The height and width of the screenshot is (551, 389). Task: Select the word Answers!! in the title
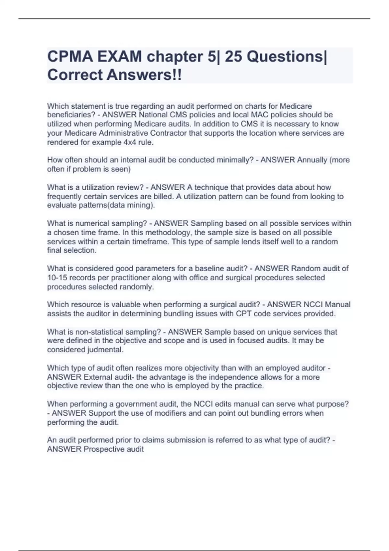[144, 75]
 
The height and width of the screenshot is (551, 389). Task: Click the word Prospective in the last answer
[104, 449]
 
